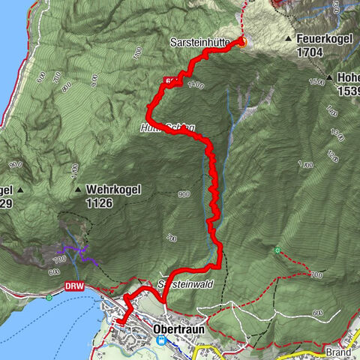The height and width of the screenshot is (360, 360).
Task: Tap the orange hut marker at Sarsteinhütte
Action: coord(242,41)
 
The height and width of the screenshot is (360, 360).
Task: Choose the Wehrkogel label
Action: coord(115,190)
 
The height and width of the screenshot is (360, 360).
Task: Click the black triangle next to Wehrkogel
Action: coord(78,190)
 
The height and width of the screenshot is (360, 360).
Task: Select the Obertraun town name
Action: coord(158,327)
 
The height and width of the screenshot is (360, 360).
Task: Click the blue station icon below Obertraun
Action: coord(160,340)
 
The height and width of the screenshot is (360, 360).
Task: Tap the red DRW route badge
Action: coord(73,286)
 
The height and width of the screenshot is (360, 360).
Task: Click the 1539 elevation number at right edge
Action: coord(348,90)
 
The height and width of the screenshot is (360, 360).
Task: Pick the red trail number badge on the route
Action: coord(170,79)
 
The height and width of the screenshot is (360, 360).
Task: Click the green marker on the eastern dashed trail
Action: coord(277,249)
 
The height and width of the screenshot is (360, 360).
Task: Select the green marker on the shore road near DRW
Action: coord(49,298)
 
